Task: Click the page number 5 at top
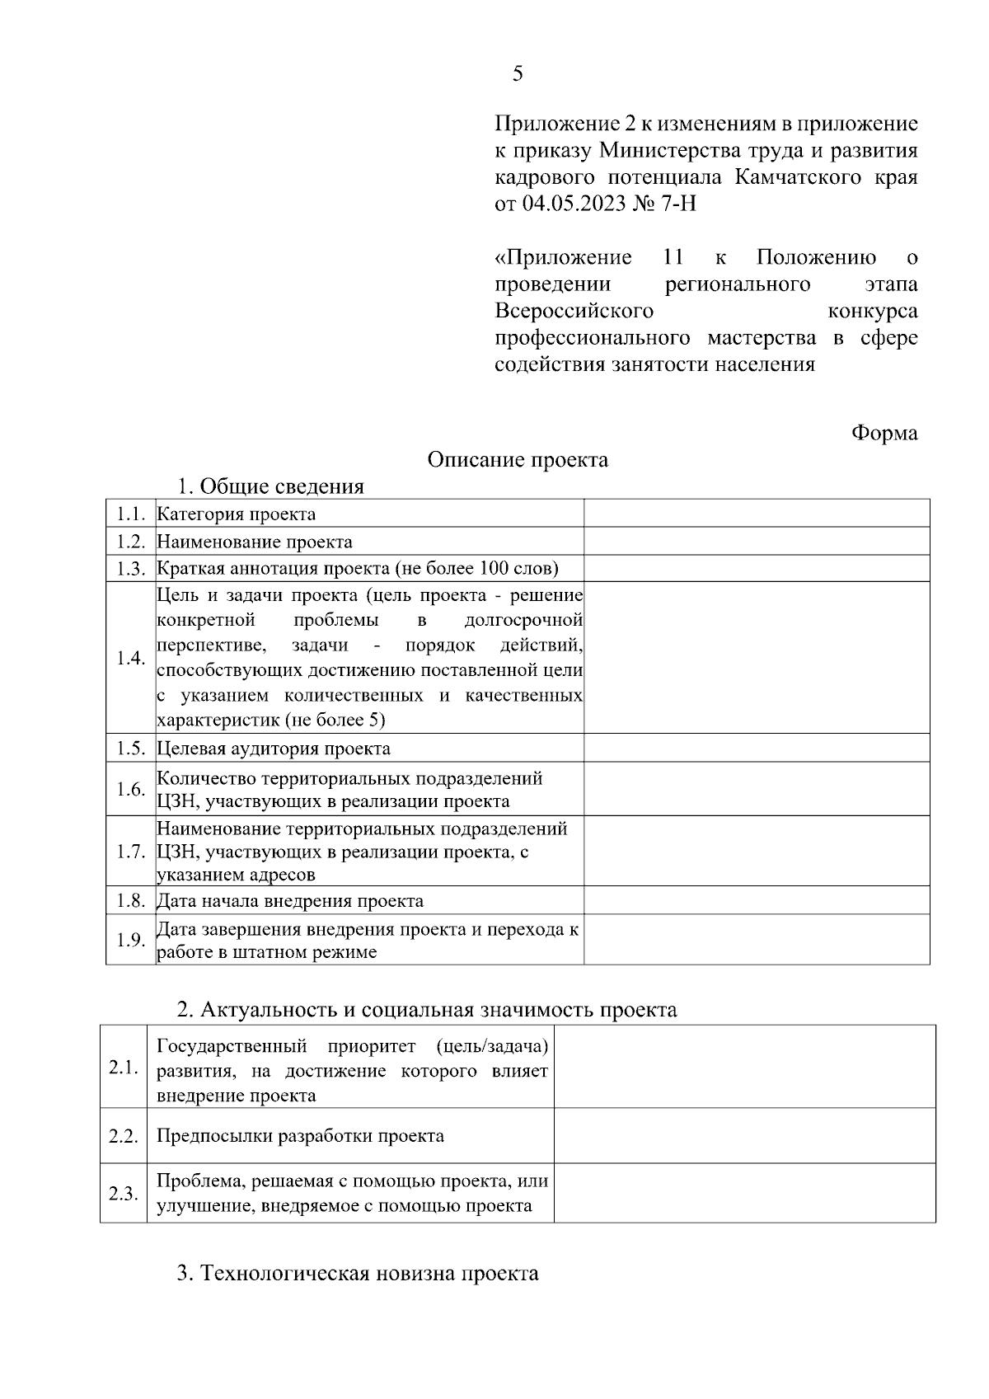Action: click(x=517, y=75)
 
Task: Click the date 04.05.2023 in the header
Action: click(x=572, y=204)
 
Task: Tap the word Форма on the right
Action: click(x=884, y=434)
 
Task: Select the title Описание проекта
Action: click(x=518, y=460)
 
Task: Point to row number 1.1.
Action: click(x=130, y=514)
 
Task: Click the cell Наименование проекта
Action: click(x=255, y=542)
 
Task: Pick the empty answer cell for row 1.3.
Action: click(x=756, y=568)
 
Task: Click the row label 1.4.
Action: click(x=130, y=658)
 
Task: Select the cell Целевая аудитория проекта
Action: click(x=274, y=749)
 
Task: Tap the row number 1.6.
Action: click(x=130, y=789)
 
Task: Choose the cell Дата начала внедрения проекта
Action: click(x=290, y=901)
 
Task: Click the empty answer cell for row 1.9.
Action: click(x=756, y=940)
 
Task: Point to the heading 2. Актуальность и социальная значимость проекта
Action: click(x=427, y=1010)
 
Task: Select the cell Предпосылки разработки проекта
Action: click(x=300, y=1136)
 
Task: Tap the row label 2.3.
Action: click(x=123, y=1193)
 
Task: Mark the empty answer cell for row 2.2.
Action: click(x=744, y=1136)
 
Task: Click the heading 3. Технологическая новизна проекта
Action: click(x=358, y=1274)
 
